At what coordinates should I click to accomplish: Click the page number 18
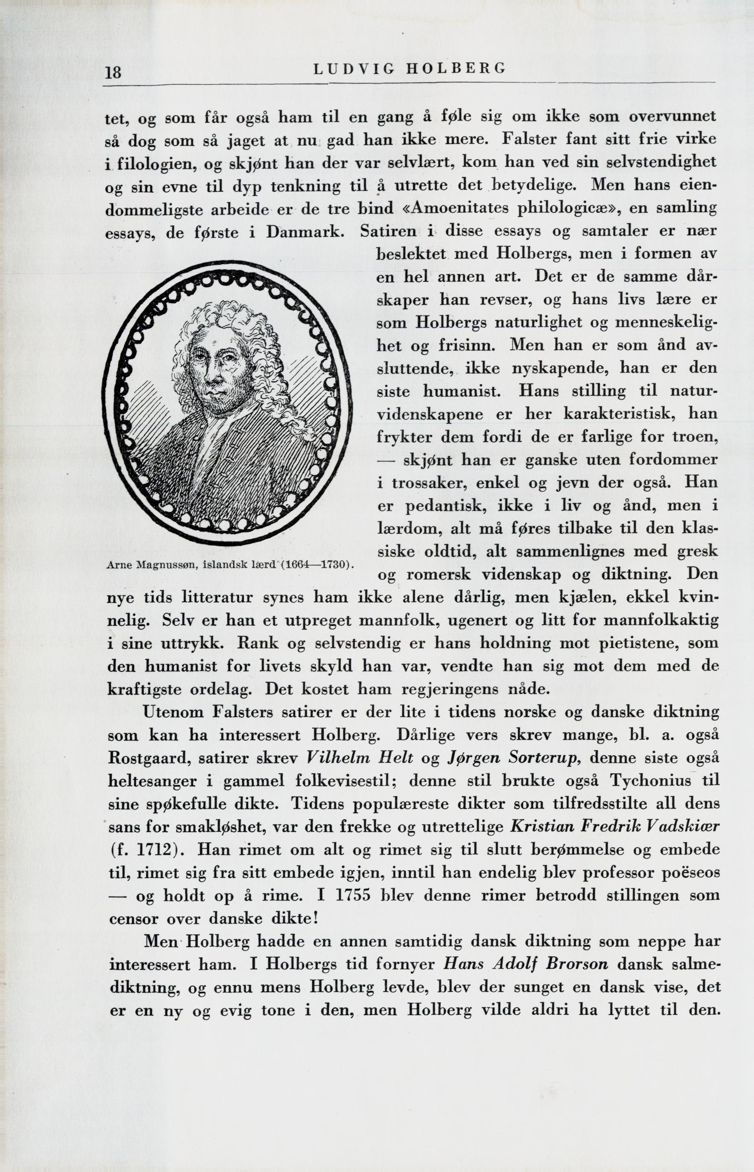tap(113, 72)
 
